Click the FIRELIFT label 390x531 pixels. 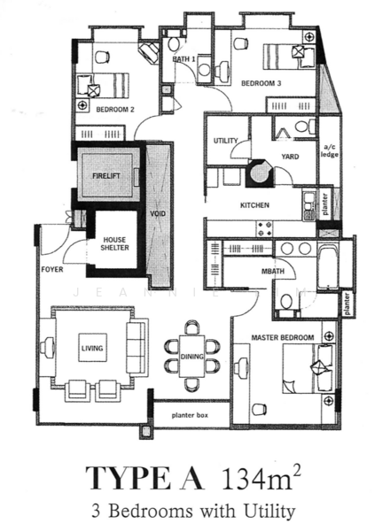click(x=106, y=176)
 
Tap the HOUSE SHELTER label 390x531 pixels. click(x=114, y=244)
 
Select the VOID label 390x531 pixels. click(x=158, y=213)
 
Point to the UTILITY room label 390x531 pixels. click(x=225, y=141)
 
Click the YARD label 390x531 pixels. click(x=290, y=157)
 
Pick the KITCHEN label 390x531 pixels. click(x=254, y=205)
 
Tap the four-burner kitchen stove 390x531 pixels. click(x=265, y=228)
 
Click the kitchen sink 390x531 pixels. click(x=308, y=206)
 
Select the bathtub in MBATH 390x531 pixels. click(x=327, y=266)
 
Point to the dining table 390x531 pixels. click(x=192, y=356)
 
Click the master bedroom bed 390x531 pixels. click(x=308, y=368)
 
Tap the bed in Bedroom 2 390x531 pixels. click(x=104, y=85)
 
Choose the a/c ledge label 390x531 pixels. click(x=330, y=151)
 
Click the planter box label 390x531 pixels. click(x=190, y=415)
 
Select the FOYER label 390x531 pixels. click(x=52, y=269)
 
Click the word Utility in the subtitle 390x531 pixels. click(x=269, y=511)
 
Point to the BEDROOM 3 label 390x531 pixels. click(x=261, y=83)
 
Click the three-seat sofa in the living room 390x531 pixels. click(x=137, y=348)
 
